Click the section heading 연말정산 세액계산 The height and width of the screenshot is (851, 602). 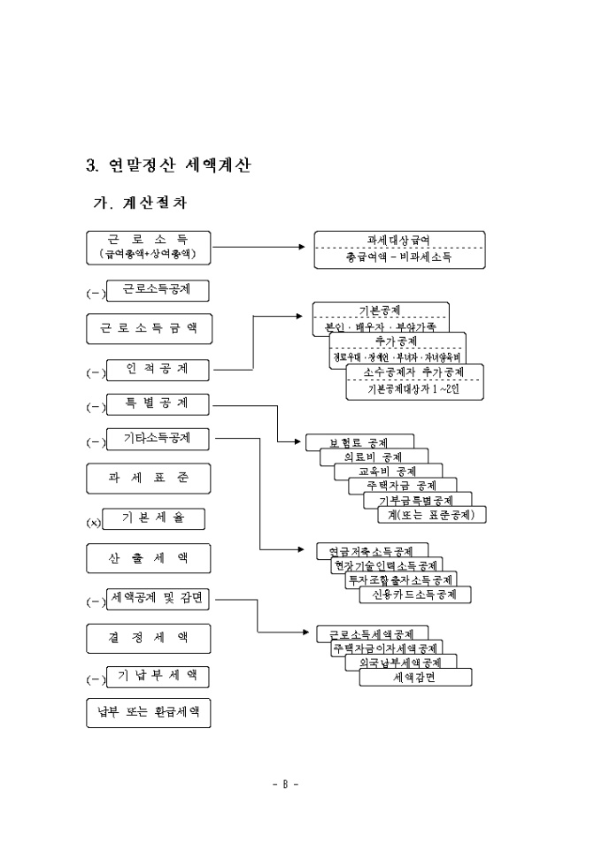point(168,165)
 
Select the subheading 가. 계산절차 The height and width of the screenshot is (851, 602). point(141,203)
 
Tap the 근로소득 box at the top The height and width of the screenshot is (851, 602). point(149,247)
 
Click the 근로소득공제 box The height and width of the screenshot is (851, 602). point(158,289)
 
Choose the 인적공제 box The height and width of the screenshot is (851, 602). point(158,368)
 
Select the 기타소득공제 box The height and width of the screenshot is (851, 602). point(158,438)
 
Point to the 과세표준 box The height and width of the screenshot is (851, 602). point(149,478)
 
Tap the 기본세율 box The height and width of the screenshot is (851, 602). point(155,517)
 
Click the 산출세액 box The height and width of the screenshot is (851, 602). point(149,558)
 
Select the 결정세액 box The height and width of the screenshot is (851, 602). point(149,637)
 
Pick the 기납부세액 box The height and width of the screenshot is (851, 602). point(158,677)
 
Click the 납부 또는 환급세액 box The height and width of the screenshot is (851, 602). point(149,712)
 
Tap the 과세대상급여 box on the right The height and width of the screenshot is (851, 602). point(399,249)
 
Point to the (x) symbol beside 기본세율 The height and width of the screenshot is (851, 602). point(94,523)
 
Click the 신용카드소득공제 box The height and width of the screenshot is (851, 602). point(415,594)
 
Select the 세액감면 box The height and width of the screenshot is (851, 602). point(415,678)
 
